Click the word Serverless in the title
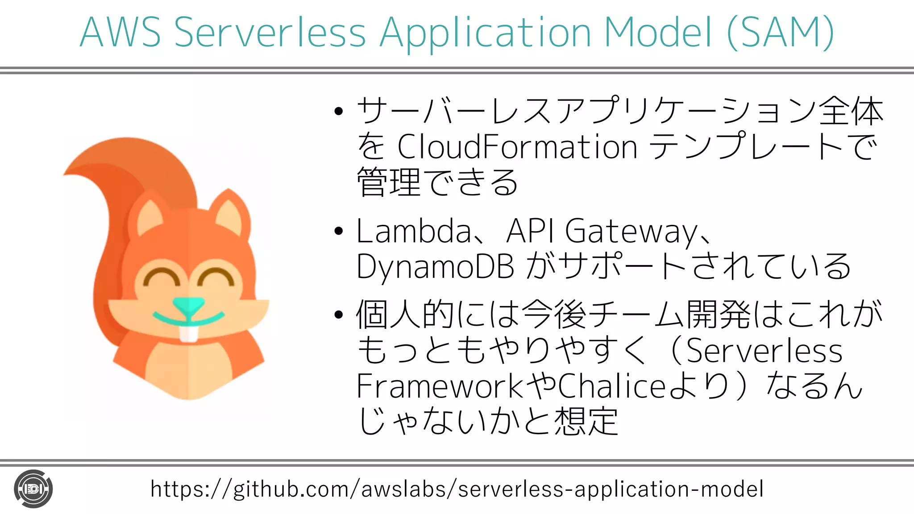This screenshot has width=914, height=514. coord(270,32)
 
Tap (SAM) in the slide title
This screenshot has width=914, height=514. coord(780,32)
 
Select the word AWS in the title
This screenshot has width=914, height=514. coord(120,32)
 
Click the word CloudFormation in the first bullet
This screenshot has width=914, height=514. coord(517,147)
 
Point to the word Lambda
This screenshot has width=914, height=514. coord(414,231)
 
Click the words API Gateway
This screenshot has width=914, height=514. coord(602,231)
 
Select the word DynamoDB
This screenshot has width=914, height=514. coord(435,267)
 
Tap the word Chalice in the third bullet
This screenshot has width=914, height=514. coord(612,386)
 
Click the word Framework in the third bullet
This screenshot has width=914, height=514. coord(439,386)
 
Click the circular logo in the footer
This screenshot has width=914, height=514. coord(33,489)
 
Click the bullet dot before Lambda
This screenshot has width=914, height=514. coord(339,231)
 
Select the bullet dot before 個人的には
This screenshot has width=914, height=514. coord(339,315)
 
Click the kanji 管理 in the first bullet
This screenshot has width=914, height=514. coord(388,182)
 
